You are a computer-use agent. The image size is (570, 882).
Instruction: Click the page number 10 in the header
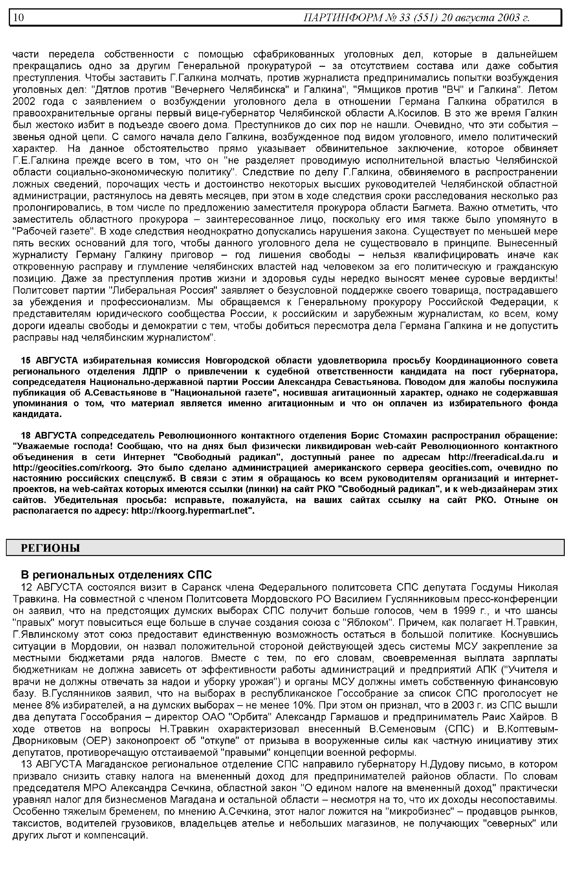pyautogui.click(x=19, y=17)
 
